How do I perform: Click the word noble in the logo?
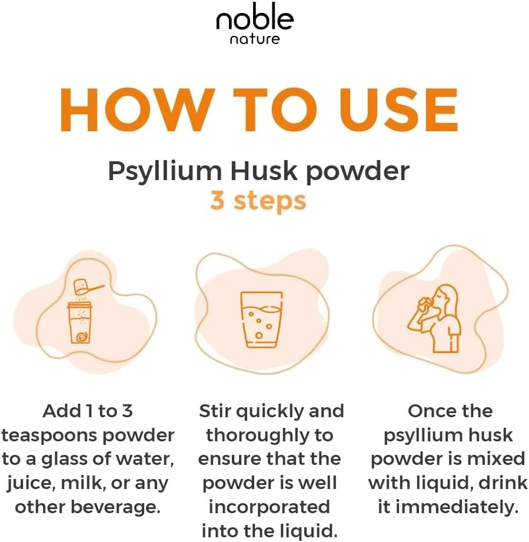[255, 21]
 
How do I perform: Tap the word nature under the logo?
[255, 39]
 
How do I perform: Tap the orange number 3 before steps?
[217, 201]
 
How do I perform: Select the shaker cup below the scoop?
[81, 322]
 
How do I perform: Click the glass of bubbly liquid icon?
[261, 320]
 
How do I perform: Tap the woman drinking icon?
[434, 319]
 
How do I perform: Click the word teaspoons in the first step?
[50, 436]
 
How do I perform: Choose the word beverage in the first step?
[115, 508]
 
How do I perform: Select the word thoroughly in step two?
[257, 436]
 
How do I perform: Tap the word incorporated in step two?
[269, 507]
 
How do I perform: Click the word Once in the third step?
[427, 411]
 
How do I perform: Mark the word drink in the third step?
[500, 483]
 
